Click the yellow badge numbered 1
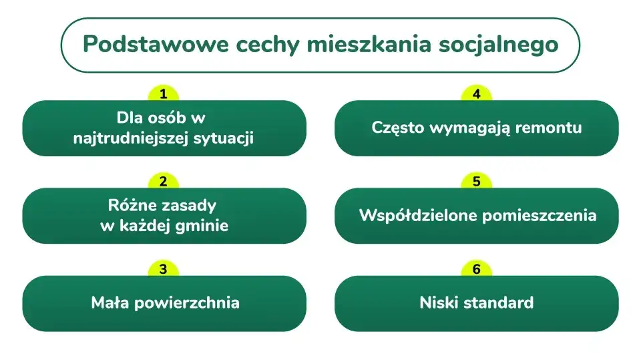tap(164, 94)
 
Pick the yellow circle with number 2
tap(164, 182)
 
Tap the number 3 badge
tap(164, 269)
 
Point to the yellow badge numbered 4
tap(476, 94)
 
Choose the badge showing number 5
tap(476, 182)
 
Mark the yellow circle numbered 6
tap(476, 269)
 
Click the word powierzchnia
tap(187, 303)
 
